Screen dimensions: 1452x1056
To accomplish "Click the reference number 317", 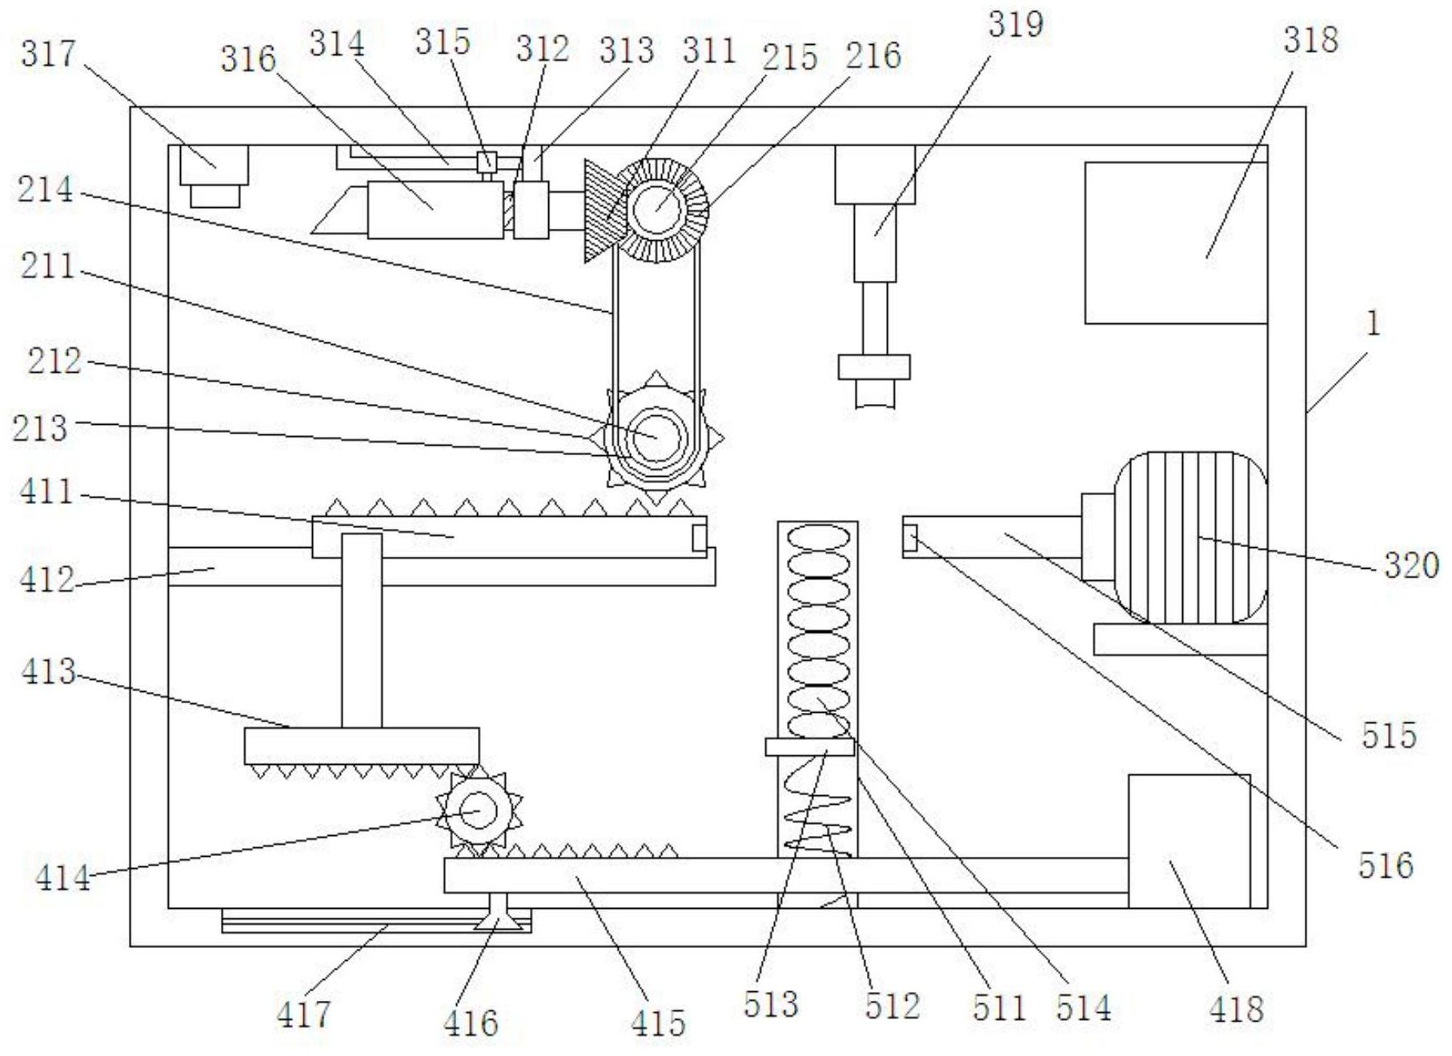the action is [48, 54].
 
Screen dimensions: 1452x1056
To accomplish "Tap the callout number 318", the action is [1310, 39].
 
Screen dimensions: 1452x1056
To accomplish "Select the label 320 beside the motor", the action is [1412, 566].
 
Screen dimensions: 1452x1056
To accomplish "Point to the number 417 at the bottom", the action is [303, 1014].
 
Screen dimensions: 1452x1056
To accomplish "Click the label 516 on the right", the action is [1386, 865].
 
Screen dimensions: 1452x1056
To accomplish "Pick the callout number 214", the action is [46, 190].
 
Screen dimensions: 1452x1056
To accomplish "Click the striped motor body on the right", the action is [1191, 538].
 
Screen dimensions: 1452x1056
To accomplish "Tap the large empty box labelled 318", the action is [1176, 243].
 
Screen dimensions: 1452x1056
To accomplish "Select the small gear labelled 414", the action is [479, 810].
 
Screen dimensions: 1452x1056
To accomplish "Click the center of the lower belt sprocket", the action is [657, 438].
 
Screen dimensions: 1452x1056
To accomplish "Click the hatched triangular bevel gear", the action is [602, 210].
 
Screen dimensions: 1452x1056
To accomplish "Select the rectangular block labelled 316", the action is [435, 210].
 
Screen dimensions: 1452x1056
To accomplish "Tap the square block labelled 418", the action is [1189, 841].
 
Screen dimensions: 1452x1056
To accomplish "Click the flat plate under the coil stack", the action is [810, 747].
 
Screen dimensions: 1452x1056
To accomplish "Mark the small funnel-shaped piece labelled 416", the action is [499, 913].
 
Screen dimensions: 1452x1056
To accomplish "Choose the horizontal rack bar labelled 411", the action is [509, 536].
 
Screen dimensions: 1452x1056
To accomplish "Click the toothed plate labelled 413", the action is [362, 746].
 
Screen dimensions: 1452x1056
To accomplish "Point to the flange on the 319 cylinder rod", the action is [874, 366].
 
